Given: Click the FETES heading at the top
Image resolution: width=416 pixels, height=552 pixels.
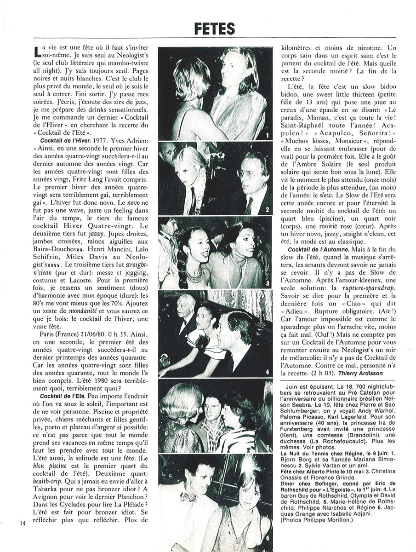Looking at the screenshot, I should tap(214, 29).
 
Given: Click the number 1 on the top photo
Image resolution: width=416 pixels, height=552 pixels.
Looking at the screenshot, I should tap(267, 135).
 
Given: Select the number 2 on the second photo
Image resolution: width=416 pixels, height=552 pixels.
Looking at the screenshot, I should tap(267, 211).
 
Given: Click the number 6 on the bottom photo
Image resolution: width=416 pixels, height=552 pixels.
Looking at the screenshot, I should tap(268, 537).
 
